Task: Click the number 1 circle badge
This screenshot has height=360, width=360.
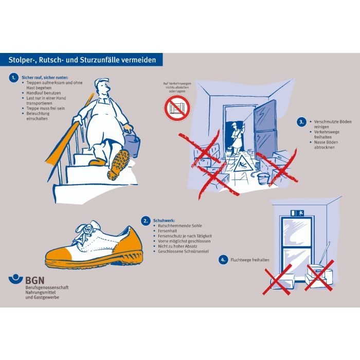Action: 14,78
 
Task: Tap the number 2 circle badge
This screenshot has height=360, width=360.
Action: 146,221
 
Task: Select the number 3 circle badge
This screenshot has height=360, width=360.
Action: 301,122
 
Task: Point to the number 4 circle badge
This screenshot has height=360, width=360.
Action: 223,260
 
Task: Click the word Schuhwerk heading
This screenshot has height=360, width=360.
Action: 164,221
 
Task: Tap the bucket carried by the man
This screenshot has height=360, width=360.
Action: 132,145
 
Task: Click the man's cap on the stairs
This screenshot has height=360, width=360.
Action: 101,81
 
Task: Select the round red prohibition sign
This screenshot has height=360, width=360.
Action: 177,109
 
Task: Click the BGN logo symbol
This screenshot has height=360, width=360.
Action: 15,279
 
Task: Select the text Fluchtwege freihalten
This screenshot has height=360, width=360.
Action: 250,260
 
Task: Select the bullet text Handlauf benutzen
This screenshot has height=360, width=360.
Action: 44,93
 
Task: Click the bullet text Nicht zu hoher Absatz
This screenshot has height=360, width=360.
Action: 177,246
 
